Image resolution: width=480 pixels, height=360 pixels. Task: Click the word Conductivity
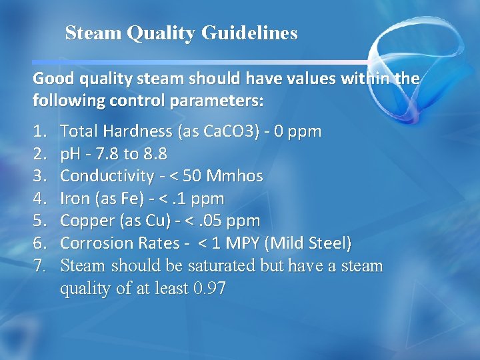tap(107, 177)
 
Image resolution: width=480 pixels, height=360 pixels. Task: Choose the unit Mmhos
tap(235, 177)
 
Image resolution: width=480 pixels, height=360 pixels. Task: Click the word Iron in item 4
tap(75, 199)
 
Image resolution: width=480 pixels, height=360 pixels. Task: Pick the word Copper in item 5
tap(85, 221)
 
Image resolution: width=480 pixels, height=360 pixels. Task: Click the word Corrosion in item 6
tap(93, 243)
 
